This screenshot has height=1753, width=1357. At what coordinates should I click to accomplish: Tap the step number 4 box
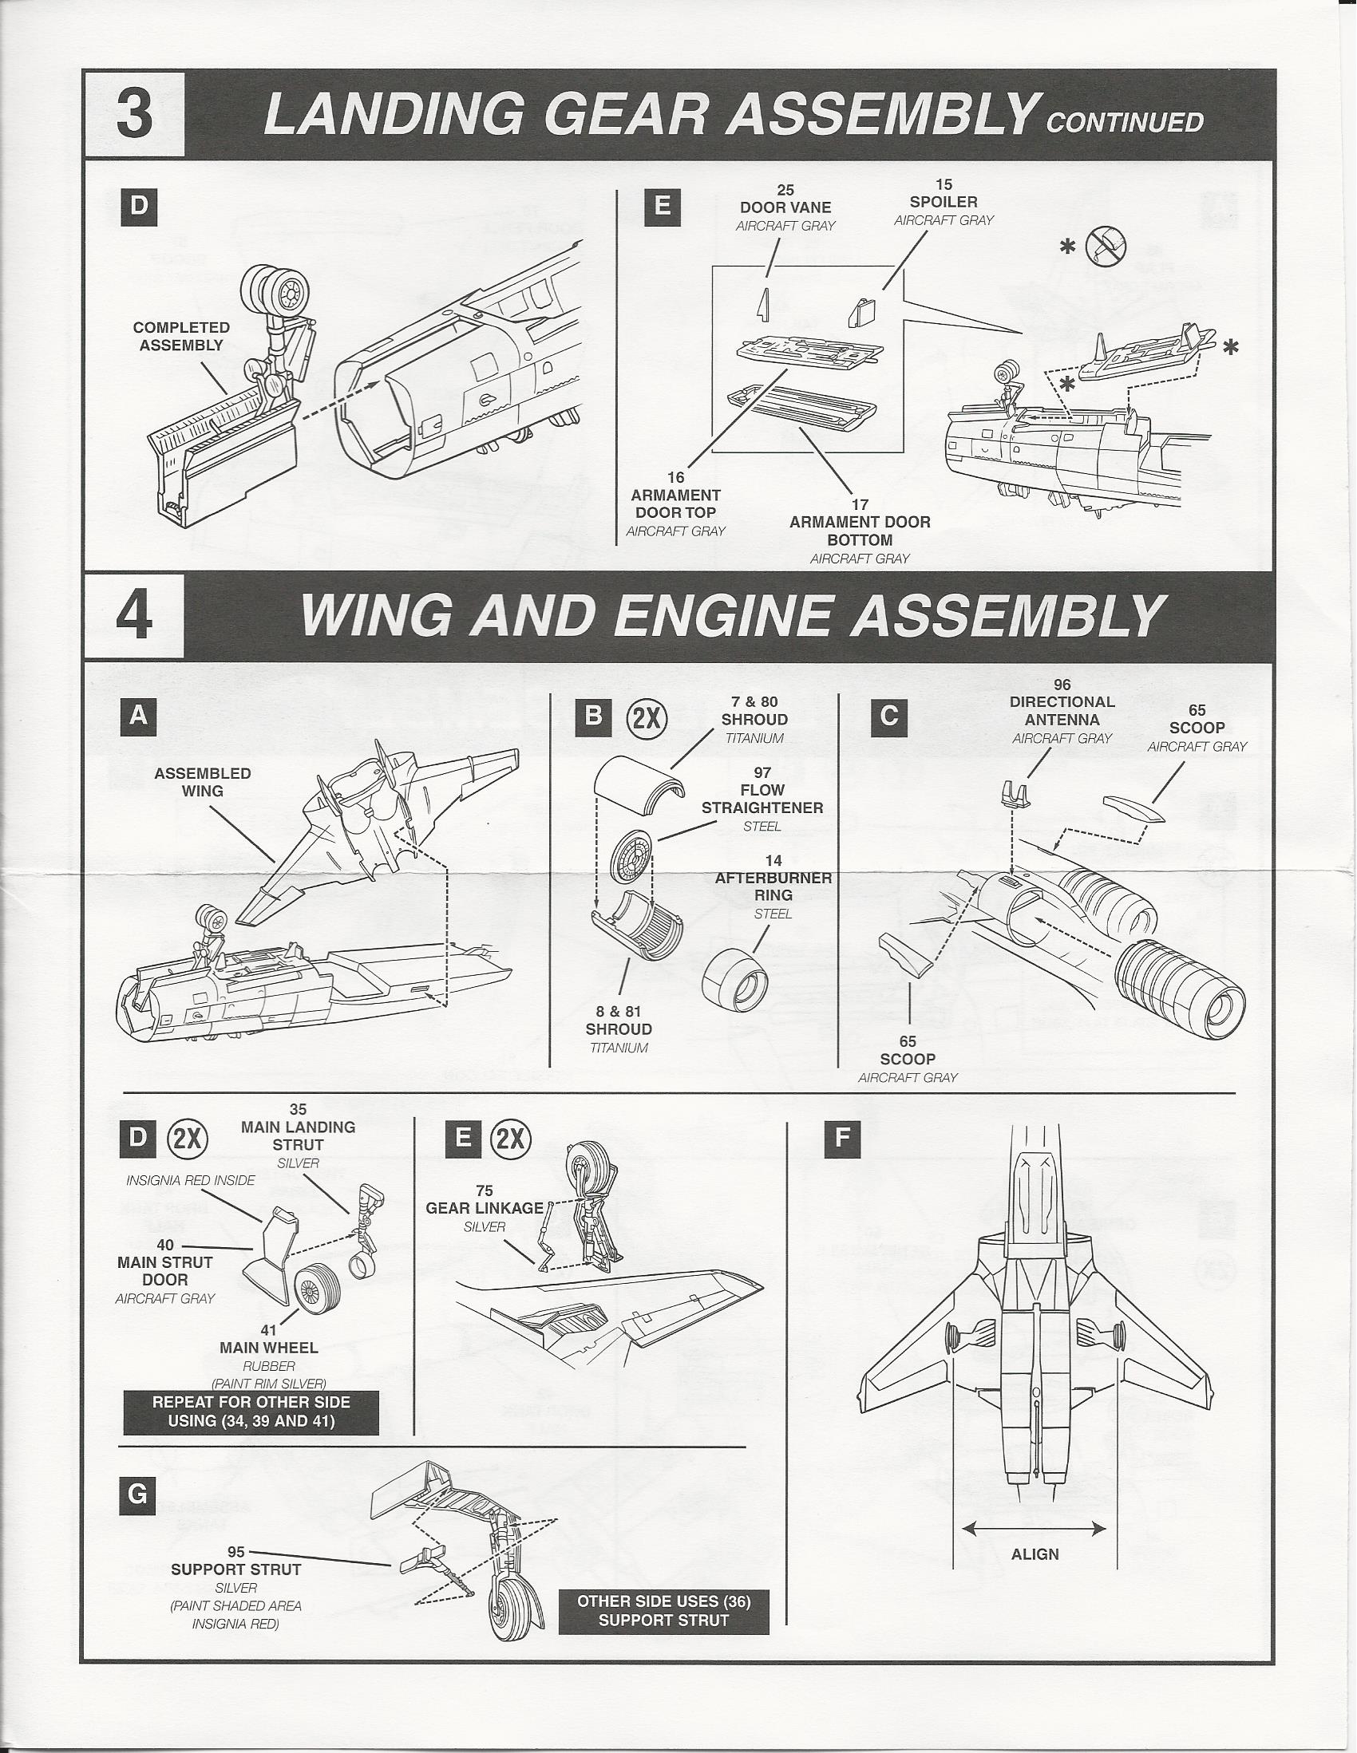134,617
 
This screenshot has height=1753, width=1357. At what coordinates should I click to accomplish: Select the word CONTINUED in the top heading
1124,123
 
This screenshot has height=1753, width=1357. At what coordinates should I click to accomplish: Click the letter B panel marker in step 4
593,714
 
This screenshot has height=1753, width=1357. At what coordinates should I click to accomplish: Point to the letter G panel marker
138,1494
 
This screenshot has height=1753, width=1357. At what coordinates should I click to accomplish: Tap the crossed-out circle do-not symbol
1105,247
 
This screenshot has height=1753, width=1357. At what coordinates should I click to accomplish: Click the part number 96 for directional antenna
1062,685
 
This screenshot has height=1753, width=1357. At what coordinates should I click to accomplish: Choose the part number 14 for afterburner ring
773,861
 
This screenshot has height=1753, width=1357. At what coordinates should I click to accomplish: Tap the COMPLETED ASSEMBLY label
180,336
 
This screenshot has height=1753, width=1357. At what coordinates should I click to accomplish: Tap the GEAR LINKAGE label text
485,1208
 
